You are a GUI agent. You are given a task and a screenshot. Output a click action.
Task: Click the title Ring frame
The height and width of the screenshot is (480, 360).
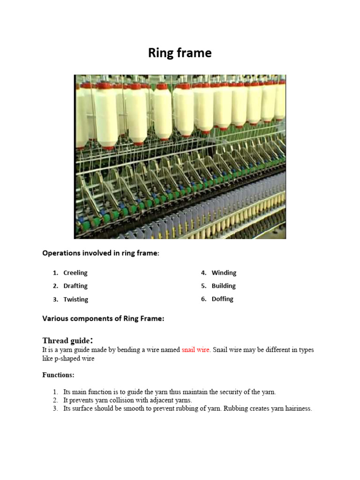point(180,53)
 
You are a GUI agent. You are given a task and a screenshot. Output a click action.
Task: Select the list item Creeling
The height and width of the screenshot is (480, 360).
point(75,273)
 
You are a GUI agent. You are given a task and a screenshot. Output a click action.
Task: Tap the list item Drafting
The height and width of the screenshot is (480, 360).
point(75,286)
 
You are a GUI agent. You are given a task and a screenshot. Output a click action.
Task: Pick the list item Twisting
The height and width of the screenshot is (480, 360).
point(75,300)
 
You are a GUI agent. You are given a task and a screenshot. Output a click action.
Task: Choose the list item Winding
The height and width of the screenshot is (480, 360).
point(224,273)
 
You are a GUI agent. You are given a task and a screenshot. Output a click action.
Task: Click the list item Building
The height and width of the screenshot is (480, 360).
point(224,286)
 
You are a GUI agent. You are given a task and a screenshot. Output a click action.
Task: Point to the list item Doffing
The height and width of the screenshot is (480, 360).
point(222,299)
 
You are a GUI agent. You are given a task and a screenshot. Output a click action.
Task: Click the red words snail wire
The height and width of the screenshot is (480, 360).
point(195,350)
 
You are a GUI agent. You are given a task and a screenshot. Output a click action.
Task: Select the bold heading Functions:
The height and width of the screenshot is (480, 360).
point(58,375)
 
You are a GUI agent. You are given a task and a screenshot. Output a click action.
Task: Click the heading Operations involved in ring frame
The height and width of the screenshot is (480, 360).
point(101,253)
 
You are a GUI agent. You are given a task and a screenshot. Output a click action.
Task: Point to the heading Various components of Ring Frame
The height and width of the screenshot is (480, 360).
point(103,319)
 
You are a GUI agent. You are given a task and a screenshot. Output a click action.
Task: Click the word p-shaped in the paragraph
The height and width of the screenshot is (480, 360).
point(68,359)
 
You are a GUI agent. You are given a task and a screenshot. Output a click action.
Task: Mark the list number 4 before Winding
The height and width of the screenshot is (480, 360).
point(204,273)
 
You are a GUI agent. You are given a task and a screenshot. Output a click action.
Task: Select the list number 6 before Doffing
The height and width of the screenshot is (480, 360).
point(204,299)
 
